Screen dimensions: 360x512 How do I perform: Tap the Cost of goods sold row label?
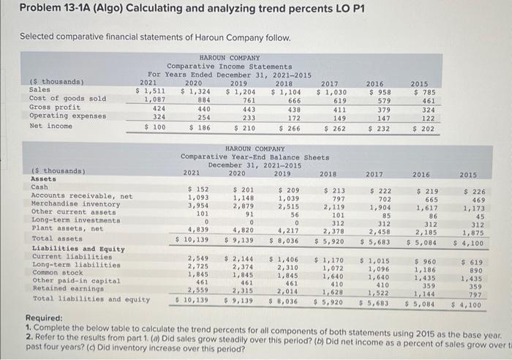[57, 98]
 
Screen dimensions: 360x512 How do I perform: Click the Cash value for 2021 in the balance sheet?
[199, 190]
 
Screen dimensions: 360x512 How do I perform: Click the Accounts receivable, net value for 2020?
[242, 197]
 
